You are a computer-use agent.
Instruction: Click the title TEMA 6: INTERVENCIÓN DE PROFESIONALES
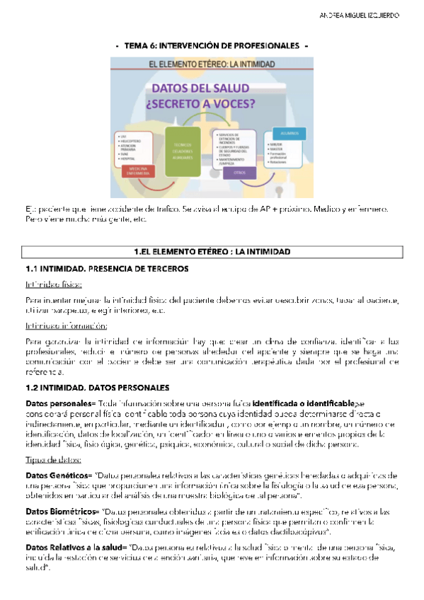point(212,46)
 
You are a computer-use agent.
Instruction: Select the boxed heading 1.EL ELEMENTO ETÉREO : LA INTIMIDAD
point(212,251)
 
